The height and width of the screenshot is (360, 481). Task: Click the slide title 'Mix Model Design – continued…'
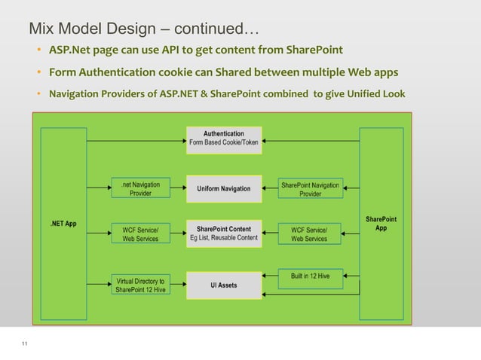click(x=143, y=30)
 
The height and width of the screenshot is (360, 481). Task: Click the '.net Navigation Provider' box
click(x=140, y=188)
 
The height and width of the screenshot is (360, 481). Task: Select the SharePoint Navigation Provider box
click(x=310, y=188)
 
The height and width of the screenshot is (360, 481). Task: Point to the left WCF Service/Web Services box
click(x=140, y=233)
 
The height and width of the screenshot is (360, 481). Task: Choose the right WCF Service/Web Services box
click(x=309, y=233)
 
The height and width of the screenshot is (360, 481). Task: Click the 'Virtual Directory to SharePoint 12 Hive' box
click(x=140, y=285)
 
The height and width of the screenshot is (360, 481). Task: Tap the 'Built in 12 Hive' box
click(x=309, y=276)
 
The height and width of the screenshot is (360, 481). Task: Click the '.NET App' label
click(x=63, y=224)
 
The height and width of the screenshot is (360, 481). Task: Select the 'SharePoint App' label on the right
click(x=381, y=224)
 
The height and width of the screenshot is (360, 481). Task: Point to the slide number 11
click(x=25, y=344)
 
